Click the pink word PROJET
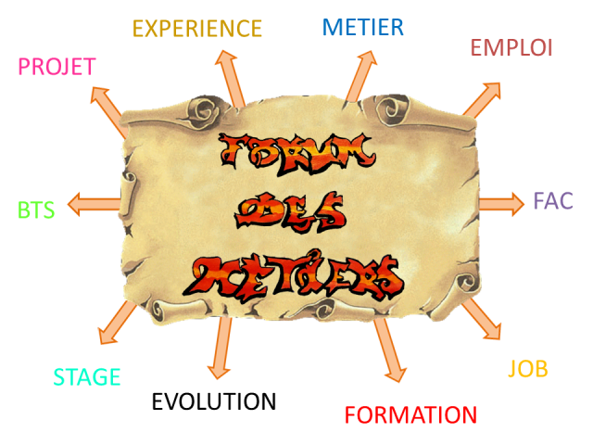coord(57,68)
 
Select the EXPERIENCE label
coord(197,29)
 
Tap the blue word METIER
coord(362,27)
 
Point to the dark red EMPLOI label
coord(511,47)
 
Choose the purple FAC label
coord(552,200)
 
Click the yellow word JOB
coord(528,369)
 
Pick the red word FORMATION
coord(410,415)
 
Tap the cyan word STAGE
coord(87,377)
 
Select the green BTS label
coord(36,210)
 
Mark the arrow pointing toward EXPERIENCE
coord(229,78)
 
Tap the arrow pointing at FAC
coord(502,203)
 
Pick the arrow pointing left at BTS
coord(94,204)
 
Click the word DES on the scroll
coord(290,211)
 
